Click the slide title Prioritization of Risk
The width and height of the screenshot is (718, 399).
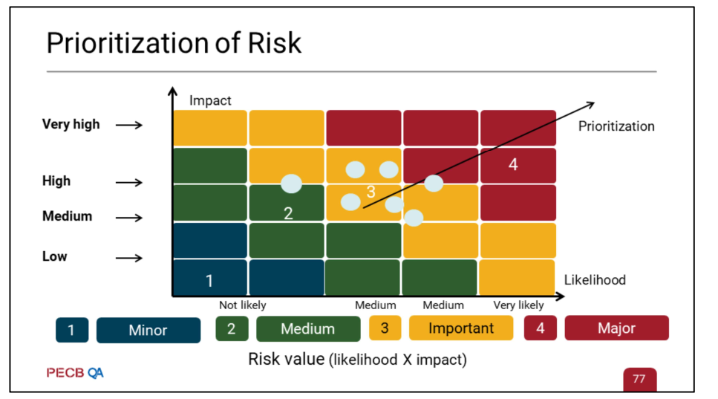174,43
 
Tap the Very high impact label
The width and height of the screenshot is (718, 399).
71,125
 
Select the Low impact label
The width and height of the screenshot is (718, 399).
54,256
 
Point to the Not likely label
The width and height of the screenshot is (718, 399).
242,305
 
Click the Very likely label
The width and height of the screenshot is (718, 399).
518,305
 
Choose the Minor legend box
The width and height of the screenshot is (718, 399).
148,329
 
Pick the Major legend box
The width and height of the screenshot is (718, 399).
616,328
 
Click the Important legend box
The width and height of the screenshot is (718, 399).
460,328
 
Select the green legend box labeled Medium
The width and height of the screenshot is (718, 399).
307,328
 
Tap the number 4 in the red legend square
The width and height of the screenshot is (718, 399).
540,328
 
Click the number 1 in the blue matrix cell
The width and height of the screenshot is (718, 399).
209,281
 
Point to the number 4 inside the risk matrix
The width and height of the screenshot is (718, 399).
512,165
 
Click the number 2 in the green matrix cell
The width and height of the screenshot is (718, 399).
288,214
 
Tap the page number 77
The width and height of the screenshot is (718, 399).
639,379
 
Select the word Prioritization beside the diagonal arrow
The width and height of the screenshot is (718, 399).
616,126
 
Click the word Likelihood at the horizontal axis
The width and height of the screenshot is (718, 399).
595,280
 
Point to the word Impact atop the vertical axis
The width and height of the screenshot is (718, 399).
210,100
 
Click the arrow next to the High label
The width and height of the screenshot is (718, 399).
129,182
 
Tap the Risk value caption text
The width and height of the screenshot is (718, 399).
357,360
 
